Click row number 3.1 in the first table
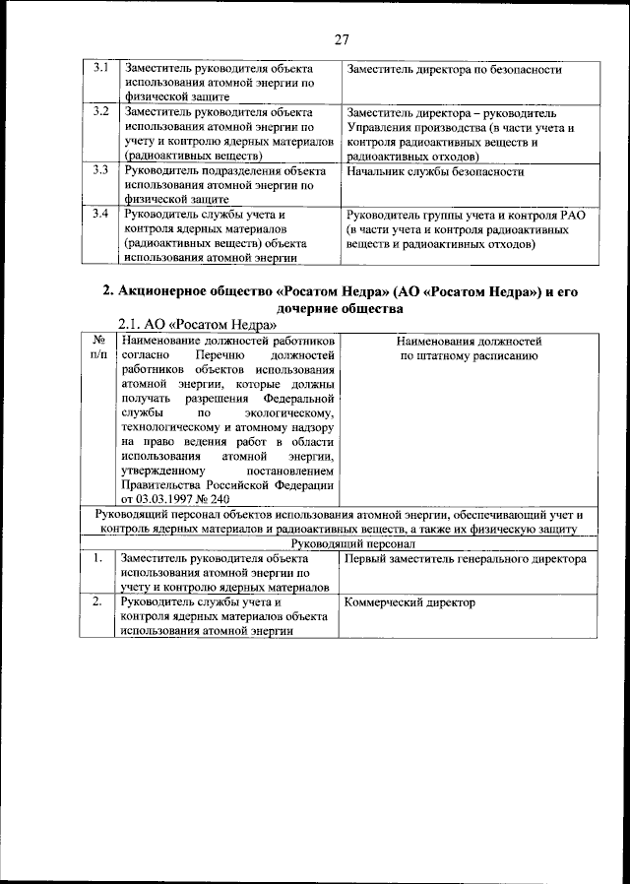pyautogui.click(x=99, y=70)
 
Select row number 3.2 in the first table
pyautogui.click(x=99, y=113)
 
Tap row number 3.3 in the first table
pyautogui.click(x=99, y=171)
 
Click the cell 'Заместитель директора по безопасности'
pyautogui.click(x=454, y=70)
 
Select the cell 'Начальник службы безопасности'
pyautogui.click(x=435, y=171)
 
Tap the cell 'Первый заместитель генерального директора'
pyautogui.click(x=467, y=559)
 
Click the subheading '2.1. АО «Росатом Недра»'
pyautogui.click(x=197, y=325)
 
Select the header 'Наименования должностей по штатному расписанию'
pyautogui.click(x=468, y=347)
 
